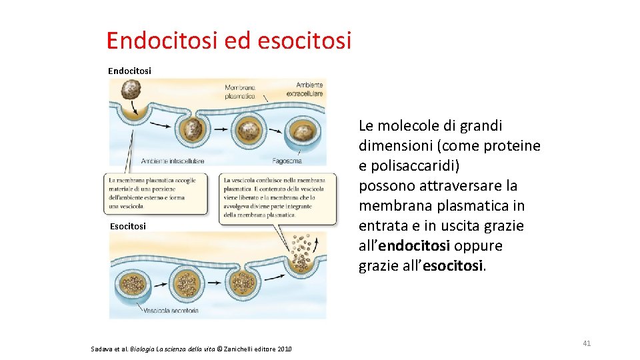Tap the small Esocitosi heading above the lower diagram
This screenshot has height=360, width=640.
click(128, 226)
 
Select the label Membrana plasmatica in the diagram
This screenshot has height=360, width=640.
click(240, 92)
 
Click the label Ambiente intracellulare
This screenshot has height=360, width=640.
click(171, 161)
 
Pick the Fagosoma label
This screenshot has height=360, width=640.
click(287, 161)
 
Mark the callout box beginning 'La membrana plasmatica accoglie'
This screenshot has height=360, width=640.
click(155, 193)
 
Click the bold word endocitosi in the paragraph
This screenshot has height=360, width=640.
click(414, 246)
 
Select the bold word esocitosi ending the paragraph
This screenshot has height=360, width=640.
click(453, 266)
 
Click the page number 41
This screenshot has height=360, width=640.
click(587, 343)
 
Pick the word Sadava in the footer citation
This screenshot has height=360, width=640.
click(102, 349)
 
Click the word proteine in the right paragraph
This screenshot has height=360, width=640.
click(513, 145)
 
